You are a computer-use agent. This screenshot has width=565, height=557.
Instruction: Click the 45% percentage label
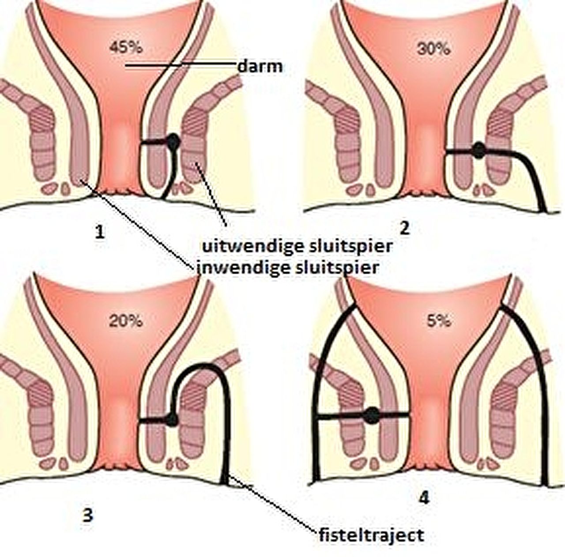tap(126, 48)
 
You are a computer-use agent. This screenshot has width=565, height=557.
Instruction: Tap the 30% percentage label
tap(433, 49)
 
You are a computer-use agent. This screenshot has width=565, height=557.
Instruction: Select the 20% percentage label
tap(126, 321)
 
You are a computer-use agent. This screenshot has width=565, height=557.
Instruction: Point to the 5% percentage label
tap(439, 321)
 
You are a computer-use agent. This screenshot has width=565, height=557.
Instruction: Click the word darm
tap(260, 67)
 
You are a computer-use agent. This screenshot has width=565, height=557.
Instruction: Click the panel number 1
tap(100, 233)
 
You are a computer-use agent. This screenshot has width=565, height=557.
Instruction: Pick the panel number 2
tap(405, 228)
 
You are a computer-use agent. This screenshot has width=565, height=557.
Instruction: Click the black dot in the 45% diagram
tap(173, 141)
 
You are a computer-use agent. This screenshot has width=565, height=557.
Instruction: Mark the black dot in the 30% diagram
tap(479, 151)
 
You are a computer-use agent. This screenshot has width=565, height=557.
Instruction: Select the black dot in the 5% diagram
tap(372, 415)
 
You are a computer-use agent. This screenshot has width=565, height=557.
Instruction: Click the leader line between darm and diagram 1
tap(181, 64)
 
